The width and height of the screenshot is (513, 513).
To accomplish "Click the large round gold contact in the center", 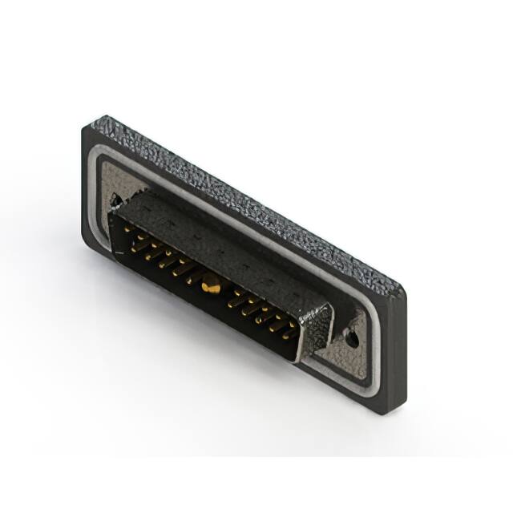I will tap(211, 282).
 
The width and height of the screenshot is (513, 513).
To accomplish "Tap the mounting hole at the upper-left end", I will tap(117, 198).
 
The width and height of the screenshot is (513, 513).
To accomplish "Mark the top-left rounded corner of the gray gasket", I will tap(103, 160).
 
